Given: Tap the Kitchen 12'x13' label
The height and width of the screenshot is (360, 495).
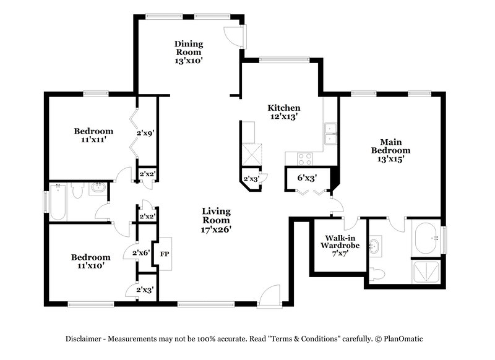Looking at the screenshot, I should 283,112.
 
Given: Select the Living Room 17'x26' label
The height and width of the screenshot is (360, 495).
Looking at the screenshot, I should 216,220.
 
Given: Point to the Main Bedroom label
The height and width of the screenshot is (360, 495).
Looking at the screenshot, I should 390,145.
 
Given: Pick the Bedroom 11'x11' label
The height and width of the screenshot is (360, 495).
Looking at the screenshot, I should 93,135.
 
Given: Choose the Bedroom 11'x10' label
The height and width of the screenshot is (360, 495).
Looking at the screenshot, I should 90,262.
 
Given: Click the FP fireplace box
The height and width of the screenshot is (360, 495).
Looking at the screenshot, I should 165,254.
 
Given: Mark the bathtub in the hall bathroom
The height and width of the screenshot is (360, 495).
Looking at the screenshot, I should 59,202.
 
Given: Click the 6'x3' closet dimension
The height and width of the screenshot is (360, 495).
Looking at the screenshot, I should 308,178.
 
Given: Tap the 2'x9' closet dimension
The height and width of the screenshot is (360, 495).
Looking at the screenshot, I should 144,131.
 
